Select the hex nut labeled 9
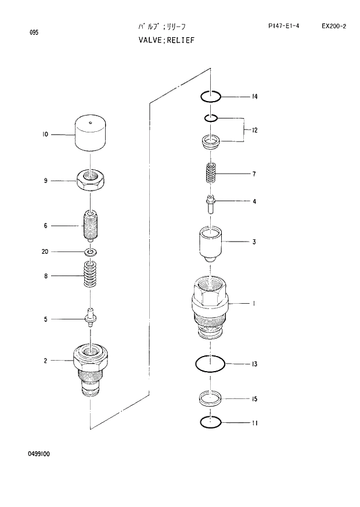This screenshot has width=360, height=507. click(x=91, y=180)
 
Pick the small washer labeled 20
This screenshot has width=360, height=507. click(x=90, y=252)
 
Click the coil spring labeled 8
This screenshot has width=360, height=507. click(x=90, y=275)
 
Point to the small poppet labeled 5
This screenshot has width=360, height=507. click(x=91, y=318)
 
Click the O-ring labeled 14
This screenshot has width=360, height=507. click(x=210, y=96)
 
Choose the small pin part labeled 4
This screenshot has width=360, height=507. click(x=211, y=203)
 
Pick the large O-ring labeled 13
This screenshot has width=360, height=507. click(x=210, y=364)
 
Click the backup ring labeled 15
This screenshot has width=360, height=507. click(x=210, y=399)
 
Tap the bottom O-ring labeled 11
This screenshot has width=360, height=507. click(x=210, y=422)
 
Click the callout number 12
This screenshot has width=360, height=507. click(x=254, y=130)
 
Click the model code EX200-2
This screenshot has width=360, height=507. click(x=333, y=26)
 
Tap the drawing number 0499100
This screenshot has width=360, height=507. click(x=39, y=454)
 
